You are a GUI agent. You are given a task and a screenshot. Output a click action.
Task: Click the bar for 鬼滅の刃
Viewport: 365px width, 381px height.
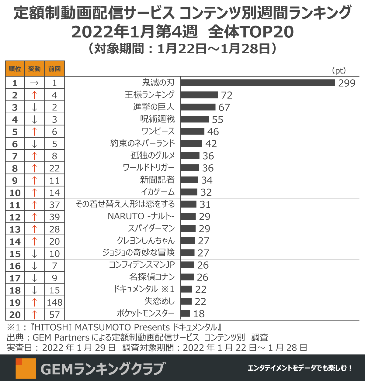point(258,83)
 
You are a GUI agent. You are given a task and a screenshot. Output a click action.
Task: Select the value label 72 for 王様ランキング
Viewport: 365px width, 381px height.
point(227,95)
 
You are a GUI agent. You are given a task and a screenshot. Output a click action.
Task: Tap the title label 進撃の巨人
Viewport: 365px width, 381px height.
point(154,107)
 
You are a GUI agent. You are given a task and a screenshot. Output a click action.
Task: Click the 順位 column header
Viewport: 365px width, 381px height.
point(15,69)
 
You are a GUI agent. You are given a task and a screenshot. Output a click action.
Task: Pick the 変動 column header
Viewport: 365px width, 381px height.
point(34,69)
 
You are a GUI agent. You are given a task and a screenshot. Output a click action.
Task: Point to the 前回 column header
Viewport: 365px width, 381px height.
point(54,69)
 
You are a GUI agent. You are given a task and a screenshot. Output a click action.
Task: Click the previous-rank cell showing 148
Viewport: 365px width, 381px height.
point(54,302)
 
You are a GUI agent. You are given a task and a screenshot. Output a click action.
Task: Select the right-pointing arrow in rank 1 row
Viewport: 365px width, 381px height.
point(34,83)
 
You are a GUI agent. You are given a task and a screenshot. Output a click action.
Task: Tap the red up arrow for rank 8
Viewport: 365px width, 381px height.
point(34,168)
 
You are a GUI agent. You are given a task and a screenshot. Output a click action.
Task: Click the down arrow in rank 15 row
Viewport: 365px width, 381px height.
point(34,254)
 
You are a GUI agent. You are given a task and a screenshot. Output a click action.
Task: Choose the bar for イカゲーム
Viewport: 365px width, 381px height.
point(189,192)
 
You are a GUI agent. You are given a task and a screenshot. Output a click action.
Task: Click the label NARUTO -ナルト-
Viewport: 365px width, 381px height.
point(141,216)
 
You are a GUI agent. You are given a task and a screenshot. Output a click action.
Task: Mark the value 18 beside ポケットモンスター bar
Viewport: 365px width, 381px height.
point(199,314)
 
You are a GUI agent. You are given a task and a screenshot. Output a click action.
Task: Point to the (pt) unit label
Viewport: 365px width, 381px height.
point(339,70)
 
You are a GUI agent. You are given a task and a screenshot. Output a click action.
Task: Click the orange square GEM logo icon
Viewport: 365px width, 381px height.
point(26,368)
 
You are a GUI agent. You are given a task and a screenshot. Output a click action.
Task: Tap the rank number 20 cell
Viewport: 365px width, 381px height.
point(15,315)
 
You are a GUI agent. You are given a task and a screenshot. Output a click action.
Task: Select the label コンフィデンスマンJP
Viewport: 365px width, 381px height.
point(142,265)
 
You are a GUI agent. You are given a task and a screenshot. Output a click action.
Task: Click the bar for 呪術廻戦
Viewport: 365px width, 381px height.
point(195,119)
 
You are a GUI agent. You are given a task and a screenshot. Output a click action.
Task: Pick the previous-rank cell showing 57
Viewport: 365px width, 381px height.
point(54,315)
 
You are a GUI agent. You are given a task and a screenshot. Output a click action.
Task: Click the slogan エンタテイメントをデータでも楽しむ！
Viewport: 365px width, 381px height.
point(300,368)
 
